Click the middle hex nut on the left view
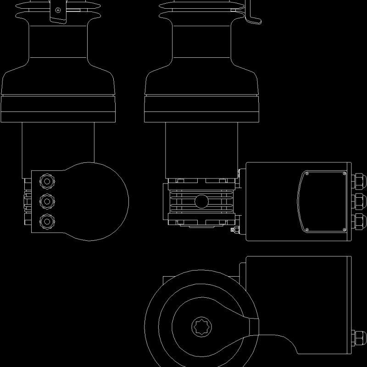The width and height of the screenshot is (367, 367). point(46,201)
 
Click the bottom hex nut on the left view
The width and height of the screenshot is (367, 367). point(46,222)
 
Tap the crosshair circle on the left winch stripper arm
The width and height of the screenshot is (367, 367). point(58,10)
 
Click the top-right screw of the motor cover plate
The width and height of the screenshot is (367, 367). point(345,174)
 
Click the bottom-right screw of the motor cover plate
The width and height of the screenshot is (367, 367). point(345,229)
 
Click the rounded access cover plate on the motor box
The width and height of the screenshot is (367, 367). point(323,202)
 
